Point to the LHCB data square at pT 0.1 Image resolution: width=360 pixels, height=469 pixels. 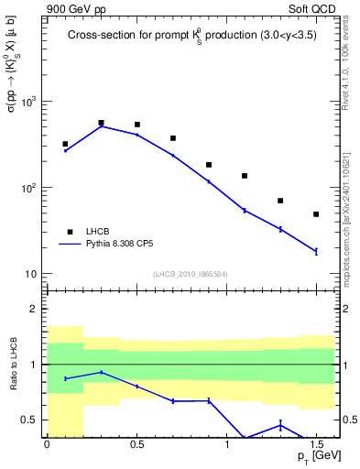point(65,144)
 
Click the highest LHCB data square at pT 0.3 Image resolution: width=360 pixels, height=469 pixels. point(101,123)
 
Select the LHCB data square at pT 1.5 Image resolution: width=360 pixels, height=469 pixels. point(316,214)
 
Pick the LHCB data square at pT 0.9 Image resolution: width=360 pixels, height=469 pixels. point(209,165)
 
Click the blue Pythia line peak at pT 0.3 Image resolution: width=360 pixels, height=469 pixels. point(101,126)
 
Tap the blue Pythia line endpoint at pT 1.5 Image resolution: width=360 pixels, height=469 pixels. point(316,251)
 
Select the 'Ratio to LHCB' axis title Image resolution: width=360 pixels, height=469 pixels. point(14,363)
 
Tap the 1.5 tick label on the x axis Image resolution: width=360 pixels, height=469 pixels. point(316,444)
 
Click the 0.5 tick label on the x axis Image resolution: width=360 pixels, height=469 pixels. point(136,444)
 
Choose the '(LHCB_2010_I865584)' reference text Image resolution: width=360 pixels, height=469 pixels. point(191,273)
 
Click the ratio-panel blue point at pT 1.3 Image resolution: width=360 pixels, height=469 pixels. point(280,424)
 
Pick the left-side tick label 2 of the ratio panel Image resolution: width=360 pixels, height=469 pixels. point(35,310)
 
